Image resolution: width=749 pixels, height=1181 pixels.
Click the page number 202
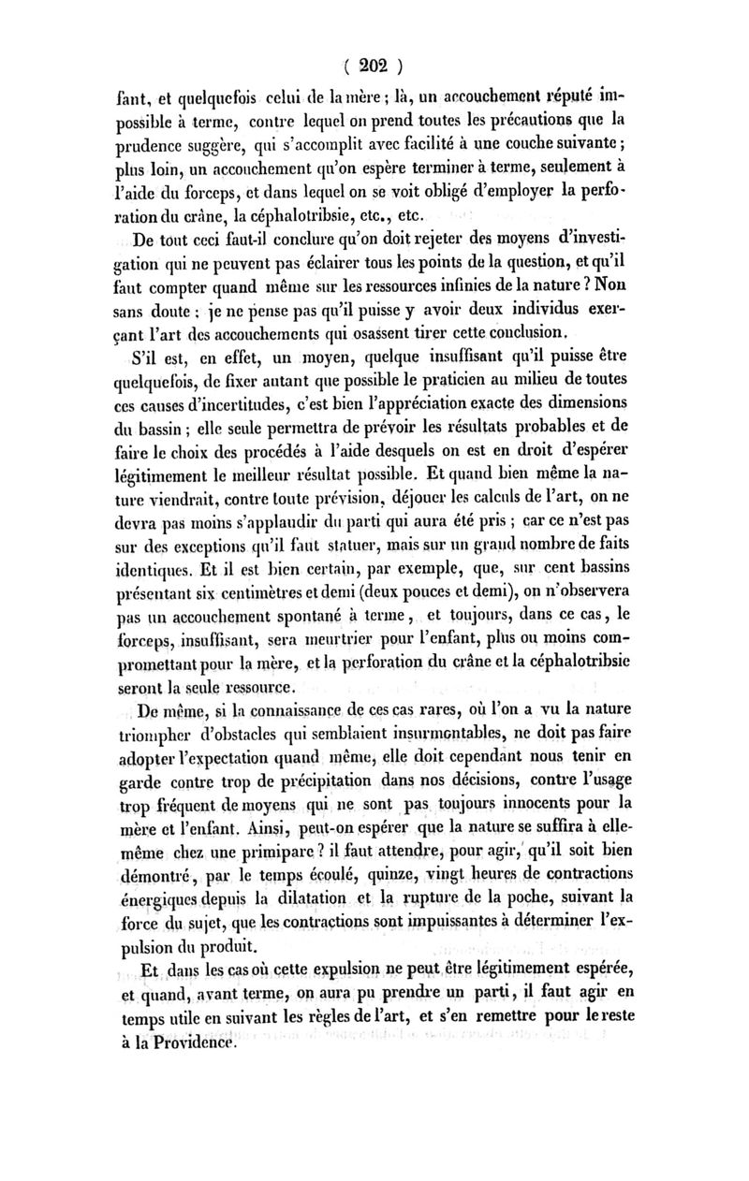pyautogui.click(x=374, y=66)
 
